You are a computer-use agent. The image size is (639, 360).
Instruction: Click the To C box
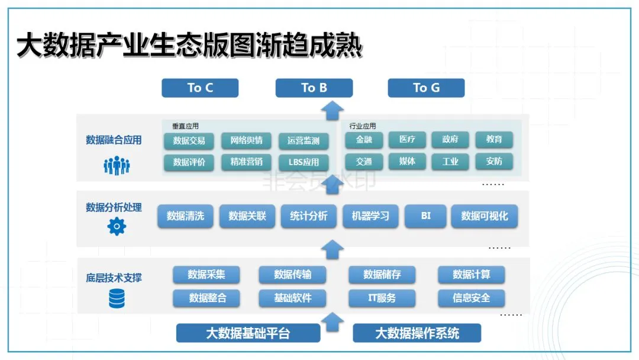tap(200, 88)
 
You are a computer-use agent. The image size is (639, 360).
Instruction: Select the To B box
tap(314, 88)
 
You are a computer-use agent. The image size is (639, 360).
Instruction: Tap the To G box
tap(426, 88)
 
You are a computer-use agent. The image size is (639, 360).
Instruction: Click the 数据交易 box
tap(189, 140)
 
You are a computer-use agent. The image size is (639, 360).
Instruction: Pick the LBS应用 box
tap(304, 162)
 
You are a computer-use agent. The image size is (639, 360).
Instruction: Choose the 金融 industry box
tap(364, 140)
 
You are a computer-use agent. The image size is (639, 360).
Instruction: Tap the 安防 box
tap(494, 161)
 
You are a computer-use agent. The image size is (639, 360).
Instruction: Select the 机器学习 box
tap(370, 216)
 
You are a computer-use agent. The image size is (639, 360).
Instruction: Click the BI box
tap(426, 216)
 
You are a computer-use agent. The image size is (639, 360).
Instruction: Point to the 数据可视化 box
tap(485, 216)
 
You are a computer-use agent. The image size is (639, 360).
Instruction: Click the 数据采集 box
tap(206, 274)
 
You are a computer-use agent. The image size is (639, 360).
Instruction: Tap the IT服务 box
tap(382, 298)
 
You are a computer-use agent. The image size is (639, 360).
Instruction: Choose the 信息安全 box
tap(472, 298)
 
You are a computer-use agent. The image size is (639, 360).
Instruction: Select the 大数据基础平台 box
tap(248, 333)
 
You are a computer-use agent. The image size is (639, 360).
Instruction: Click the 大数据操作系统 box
tap(417, 333)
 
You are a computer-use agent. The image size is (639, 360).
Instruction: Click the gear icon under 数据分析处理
tap(117, 226)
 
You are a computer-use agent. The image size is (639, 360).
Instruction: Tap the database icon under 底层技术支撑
tap(117, 298)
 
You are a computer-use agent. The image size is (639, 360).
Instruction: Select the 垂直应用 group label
tap(185, 126)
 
